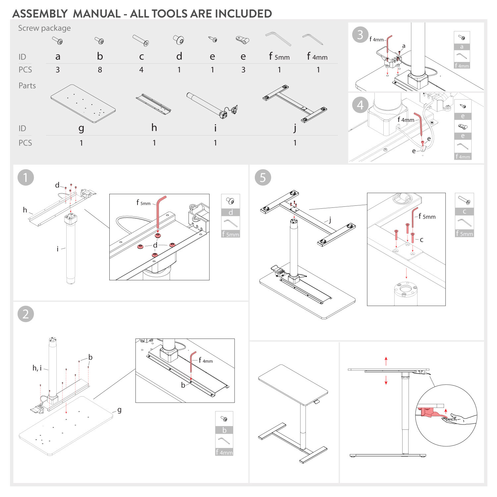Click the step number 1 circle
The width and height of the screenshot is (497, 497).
[x=26, y=178]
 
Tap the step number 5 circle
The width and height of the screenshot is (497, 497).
[x=263, y=178]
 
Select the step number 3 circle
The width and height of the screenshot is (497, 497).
[x=360, y=35]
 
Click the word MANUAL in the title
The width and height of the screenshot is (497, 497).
[x=97, y=14]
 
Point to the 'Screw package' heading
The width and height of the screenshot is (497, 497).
[x=44, y=28]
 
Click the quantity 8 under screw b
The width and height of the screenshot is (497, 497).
[x=100, y=70]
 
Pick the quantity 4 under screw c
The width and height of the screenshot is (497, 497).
[x=141, y=70]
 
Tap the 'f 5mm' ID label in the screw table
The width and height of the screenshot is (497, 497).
[x=279, y=57]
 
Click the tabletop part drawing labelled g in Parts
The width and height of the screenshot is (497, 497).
[x=83, y=103]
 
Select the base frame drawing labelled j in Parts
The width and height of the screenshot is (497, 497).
[x=295, y=103]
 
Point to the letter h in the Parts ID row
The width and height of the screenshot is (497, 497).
[x=154, y=128]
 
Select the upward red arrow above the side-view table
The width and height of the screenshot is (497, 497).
[x=386, y=361]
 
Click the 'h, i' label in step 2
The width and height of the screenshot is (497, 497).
[x=37, y=368]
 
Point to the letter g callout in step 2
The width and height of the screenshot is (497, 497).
[x=119, y=410]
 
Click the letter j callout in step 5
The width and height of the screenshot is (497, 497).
[x=330, y=220]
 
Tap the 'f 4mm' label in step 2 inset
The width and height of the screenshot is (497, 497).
[x=206, y=360]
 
